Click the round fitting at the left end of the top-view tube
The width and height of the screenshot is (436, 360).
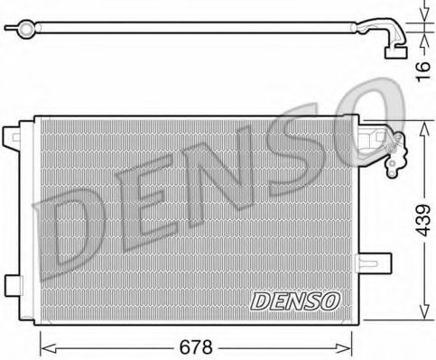tap(28, 31)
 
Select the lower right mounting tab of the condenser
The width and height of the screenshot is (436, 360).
tap(382, 264)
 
